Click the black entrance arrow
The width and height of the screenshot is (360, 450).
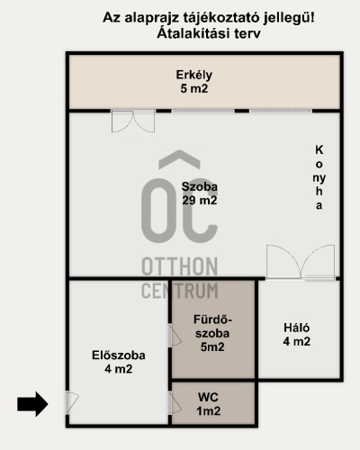[x=32, y=404]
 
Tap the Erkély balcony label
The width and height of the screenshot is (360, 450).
[x=194, y=82]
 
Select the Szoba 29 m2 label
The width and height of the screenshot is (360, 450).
[x=200, y=193]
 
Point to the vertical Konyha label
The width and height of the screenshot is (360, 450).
[x=319, y=177]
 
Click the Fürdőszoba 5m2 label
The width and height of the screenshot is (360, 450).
[x=212, y=333]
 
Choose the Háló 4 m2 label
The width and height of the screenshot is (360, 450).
[x=297, y=335]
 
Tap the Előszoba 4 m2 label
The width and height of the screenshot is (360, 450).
[x=119, y=362]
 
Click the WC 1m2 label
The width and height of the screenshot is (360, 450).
[x=208, y=404]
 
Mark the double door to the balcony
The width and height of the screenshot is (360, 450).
[x=133, y=121]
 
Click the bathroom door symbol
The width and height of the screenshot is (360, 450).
[x=175, y=336]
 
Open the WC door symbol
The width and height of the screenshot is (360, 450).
[x=175, y=403]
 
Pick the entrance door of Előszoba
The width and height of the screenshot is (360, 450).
[x=72, y=402]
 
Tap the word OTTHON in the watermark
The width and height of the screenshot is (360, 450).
[x=179, y=266]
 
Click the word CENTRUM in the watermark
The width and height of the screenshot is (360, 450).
[x=179, y=291]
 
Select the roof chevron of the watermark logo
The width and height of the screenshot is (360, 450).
[x=179, y=159]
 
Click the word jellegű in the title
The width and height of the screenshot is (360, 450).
[x=287, y=18]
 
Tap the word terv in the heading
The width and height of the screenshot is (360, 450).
[x=247, y=33]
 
